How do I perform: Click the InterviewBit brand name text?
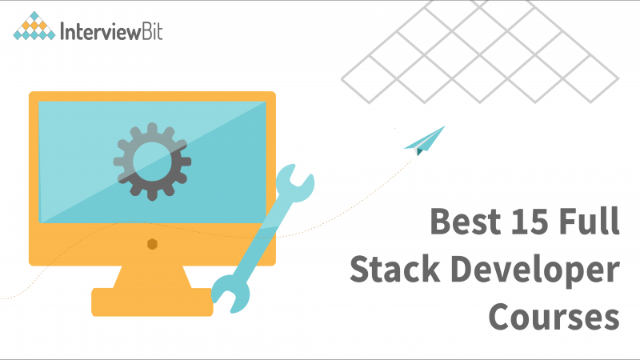pos(111,32)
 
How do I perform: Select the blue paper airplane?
pos(423,139)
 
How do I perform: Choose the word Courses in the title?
pos(554,318)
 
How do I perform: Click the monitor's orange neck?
pos(152,276)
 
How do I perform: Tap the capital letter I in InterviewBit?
pos(63,32)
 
